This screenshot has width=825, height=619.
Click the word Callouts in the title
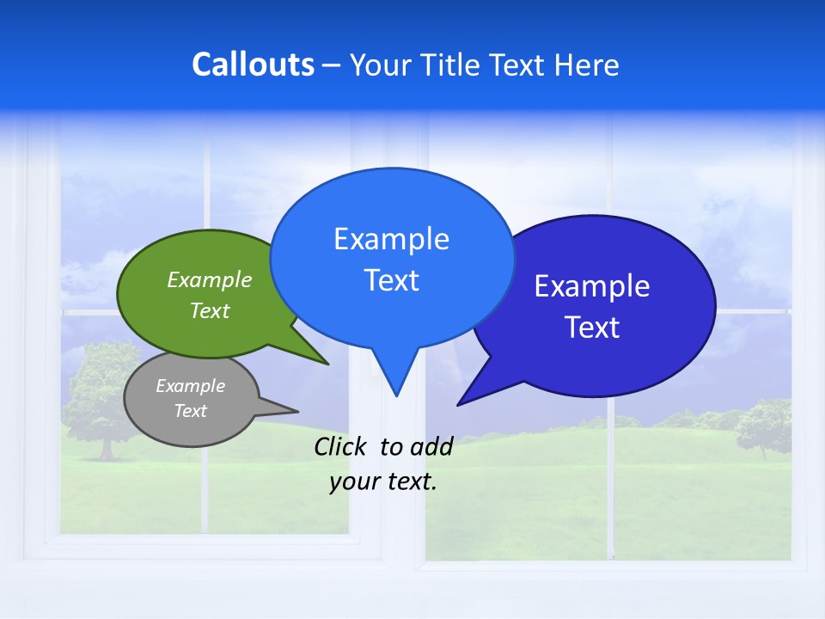click(x=253, y=64)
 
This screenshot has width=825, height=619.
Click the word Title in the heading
click(x=452, y=64)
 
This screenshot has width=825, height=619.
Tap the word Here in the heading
click(x=586, y=64)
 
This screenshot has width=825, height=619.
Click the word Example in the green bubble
click(x=210, y=279)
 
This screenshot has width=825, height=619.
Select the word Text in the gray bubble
click(x=190, y=411)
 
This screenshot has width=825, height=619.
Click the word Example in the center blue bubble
click(x=391, y=239)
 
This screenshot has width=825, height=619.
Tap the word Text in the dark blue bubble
click(x=592, y=328)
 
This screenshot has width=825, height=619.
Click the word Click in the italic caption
click(x=340, y=446)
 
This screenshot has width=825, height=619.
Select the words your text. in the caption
click(x=383, y=481)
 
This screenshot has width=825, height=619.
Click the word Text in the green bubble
click(x=210, y=310)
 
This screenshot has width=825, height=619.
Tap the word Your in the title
click(x=381, y=64)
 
